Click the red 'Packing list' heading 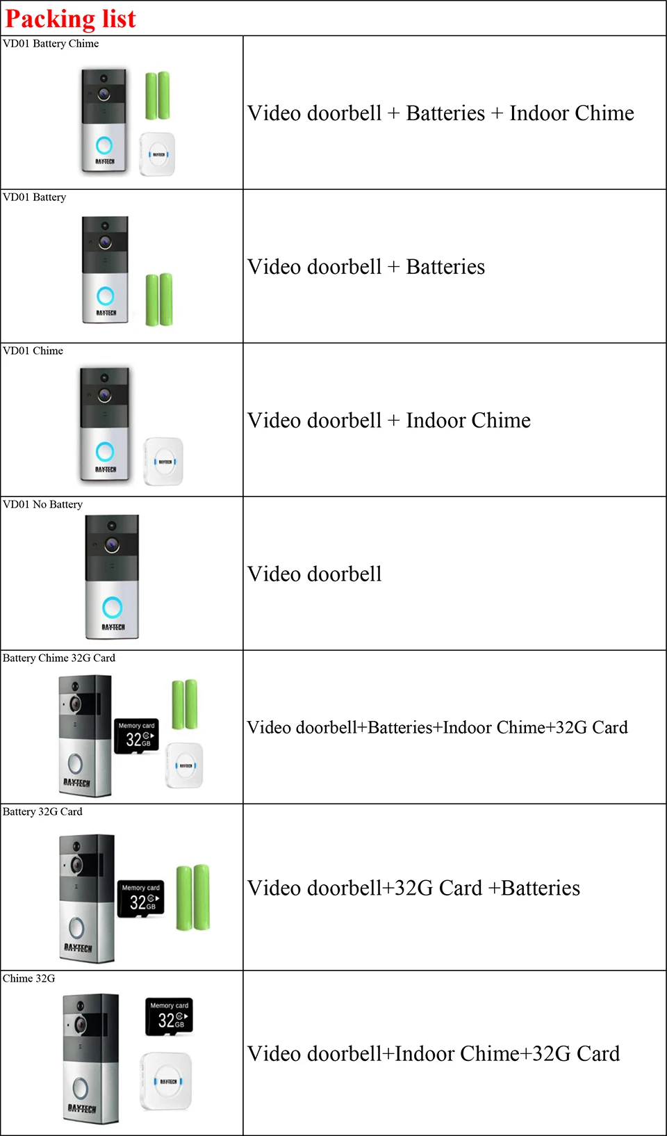(x=70, y=19)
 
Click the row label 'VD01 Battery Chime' (x=51, y=44)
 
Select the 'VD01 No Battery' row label (x=42, y=505)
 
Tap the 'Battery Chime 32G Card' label (x=59, y=658)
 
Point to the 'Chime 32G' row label (x=28, y=979)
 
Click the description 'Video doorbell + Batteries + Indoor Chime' (x=440, y=113)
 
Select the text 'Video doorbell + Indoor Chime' (x=389, y=421)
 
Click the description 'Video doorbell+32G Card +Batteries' (x=413, y=888)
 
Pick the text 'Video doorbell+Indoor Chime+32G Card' (x=434, y=1054)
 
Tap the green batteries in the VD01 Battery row (x=159, y=300)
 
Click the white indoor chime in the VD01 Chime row (x=164, y=461)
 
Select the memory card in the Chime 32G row (x=169, y=1016)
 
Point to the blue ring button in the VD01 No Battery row (x=112, y=608)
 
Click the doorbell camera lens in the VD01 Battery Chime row (x=104, y=94)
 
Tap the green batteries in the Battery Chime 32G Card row (x=185, y=704)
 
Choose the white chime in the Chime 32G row (x=167, y=1081)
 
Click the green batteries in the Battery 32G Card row (x=193, y=898)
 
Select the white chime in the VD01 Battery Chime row (x=158, y=154)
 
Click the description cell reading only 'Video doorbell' (x=315, y=574)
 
